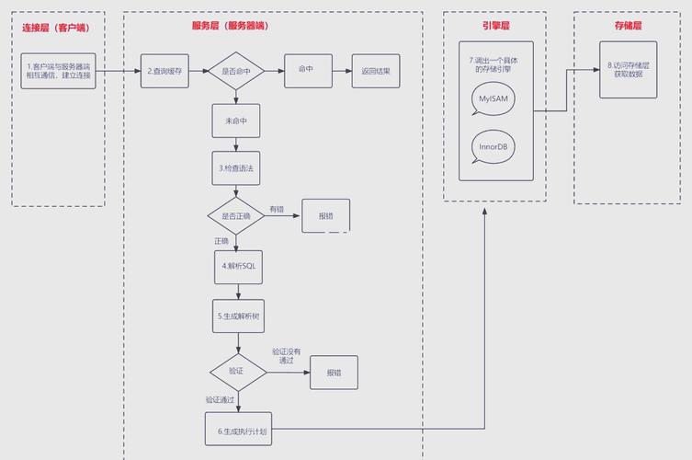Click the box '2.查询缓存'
point(166,71)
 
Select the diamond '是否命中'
point(236,71)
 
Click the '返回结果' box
point(376,71)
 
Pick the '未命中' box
point(236,121)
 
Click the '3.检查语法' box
point(236,168)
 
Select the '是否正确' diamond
point(236,215)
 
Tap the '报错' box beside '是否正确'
point(326,215)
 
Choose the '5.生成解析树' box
point(239,316)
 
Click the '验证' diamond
point(237,371)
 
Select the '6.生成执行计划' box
point(239,430)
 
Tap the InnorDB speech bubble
point(493,146)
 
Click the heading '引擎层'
point(495,26)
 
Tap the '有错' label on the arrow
point(278,209)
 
